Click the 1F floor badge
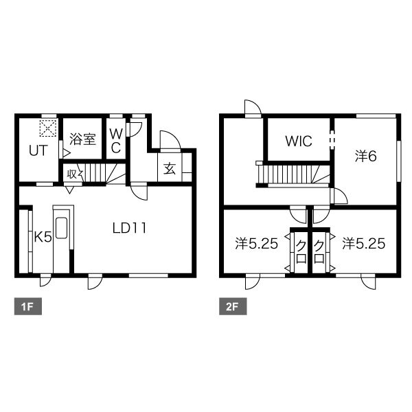[x=28, y=306]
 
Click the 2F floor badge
[x=233, y=306]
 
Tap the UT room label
[x=38, y=151]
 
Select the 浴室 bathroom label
[x=82, y=139]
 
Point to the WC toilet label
[x=116, y=141]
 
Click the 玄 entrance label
[x=170, y=168]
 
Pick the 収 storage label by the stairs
[x=71, y=174]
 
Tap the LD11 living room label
[x=129, y=228]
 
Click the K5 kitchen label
[x=43, y=238]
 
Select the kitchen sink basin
[x=62, y=228]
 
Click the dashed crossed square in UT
[x=48, y=128]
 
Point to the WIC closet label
[x=299, y=141]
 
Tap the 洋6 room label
[x=366, y=156]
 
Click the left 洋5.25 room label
[x=256, y=244]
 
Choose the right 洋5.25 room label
[x=364, y=244]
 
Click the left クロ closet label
[x=301, y=252]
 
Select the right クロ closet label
[x=319, y=252]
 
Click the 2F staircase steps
[x=294, y=174]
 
